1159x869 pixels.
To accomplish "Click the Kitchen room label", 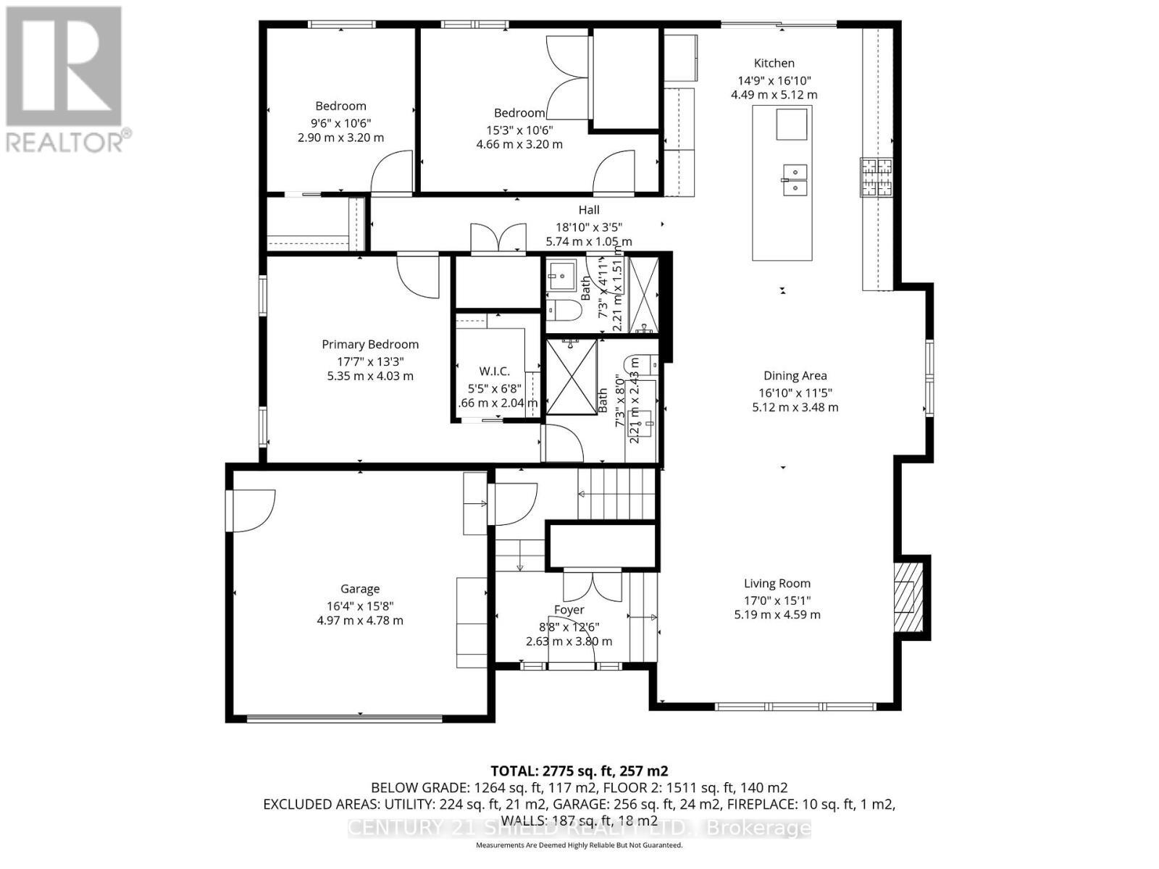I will [x=774, y=63].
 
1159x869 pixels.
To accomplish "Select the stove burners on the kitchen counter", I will [x=877, y=177].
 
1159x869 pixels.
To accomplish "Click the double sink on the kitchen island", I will [x=794, y=180].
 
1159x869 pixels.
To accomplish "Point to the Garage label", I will [x=360, y=589].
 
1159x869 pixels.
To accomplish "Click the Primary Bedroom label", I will [x=370, y=345].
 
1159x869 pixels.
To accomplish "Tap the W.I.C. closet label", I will [x=494, y=371].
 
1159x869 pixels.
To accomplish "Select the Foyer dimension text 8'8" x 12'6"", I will [x=569, y=626].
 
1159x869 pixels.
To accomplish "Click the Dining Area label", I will [x=795, y=376].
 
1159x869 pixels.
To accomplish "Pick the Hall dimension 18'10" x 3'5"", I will [x=588, y=226].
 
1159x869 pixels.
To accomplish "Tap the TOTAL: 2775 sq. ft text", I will [x=579, y=771].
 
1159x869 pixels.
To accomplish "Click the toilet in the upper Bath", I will [x=563, y=311].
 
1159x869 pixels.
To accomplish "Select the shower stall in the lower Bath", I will [x=571, y=377].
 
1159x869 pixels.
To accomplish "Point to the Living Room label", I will [x=777, y=583].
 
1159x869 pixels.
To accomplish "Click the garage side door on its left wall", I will [x=250, y=511].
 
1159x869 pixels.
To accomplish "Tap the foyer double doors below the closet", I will [x=592, y=585].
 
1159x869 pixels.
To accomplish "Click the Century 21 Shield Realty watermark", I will [x=579, y=828].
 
